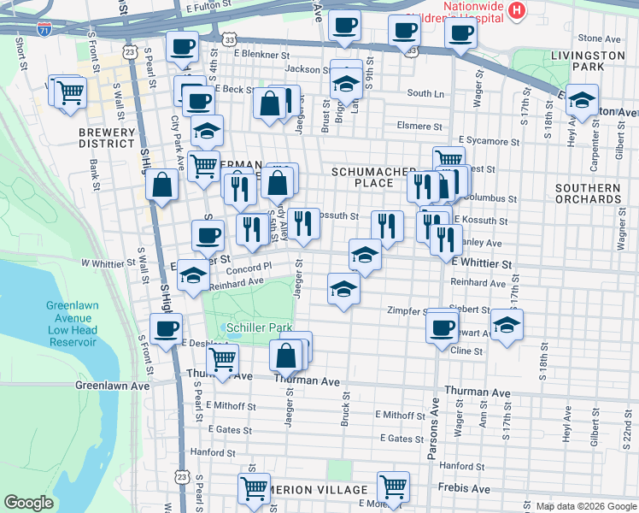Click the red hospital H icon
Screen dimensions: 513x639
517,10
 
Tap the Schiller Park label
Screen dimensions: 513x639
259,327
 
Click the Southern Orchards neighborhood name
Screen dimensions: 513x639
587,193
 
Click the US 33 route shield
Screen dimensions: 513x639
227,40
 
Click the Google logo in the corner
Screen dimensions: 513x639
28,503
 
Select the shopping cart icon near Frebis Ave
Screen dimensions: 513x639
393,486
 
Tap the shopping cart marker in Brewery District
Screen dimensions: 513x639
71,91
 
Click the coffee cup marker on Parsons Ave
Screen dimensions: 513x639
442,326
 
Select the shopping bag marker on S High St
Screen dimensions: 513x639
161,184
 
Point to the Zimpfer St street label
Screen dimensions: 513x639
407,310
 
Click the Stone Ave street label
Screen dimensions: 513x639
599,38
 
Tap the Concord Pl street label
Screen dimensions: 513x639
249,266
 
